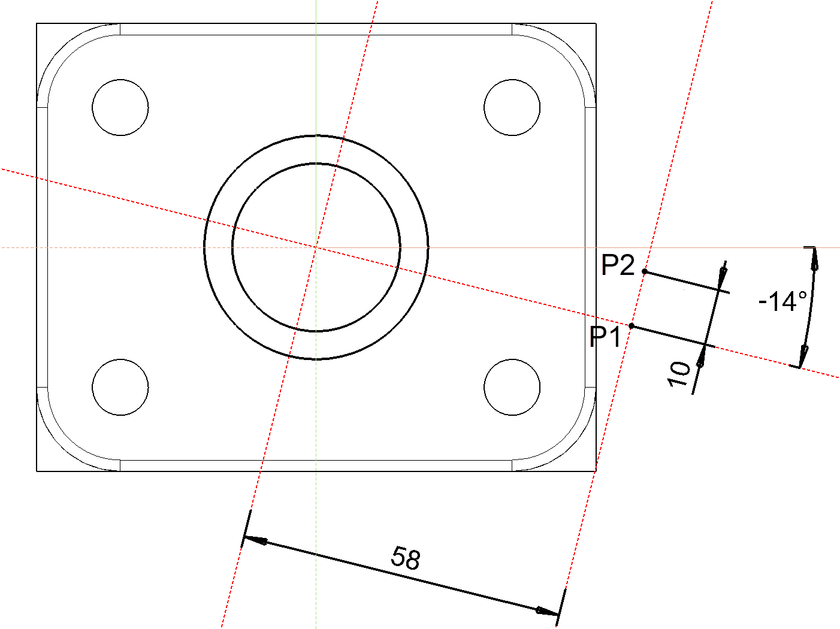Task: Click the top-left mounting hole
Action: click(x=120, y=107)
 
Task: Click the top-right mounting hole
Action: click(x=512, y=107)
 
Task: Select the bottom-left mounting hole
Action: click(x=120, y=387)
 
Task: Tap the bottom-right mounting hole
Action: click(x=512, y=387)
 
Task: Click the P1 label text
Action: click(x=606, y=337)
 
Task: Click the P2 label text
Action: click(x=618, y=265)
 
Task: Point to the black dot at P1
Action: click(x=631, y=326)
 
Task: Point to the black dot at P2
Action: click(x=645, y=271)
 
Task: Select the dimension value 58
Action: click(x=406, y=558)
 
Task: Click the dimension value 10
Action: click(x=679, y=374)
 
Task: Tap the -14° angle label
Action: click(x=782, y=301)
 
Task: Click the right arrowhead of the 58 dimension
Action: click(x=546, y=611)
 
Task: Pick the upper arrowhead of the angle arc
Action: click(x=814, y=257)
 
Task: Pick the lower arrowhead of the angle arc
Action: click(x=803, y=356)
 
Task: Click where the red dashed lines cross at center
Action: click(x=316, y=247)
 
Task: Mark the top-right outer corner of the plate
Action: click(x=596, y=24)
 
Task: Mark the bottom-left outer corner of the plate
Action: click(x=37, y=471)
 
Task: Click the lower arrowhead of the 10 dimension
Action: click(x=700, y=359)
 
